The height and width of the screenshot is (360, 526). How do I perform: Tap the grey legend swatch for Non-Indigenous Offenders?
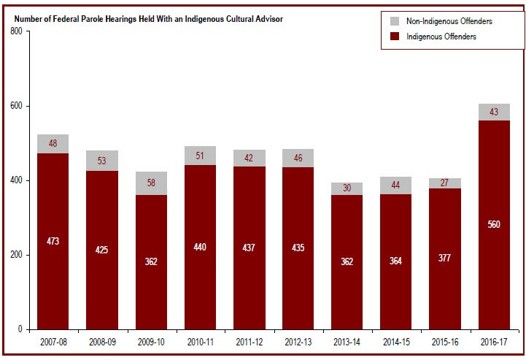coord(395,22)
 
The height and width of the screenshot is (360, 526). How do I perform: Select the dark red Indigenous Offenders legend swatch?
coord(395,37)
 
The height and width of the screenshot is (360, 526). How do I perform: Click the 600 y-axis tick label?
coord(14,107)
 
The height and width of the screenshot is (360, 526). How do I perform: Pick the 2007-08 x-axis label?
coord(53,341)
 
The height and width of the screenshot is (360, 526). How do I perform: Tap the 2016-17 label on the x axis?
coord(494,341)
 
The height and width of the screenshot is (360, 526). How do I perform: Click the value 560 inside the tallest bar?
coord(494,224)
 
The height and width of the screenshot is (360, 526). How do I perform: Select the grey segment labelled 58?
coord(151,183)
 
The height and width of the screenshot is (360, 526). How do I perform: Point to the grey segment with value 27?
coord(445,183)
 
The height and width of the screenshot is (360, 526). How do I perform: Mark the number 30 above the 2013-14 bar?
coord(347,188)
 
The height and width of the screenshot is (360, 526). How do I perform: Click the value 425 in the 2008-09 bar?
coord(102,250)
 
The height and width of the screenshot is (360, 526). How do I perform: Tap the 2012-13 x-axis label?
coord(298,341)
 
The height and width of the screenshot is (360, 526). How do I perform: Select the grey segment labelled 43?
coord(494,112)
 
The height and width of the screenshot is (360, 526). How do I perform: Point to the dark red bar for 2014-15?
coord(395,292)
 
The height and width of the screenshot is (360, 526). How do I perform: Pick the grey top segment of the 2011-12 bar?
coord(249,158)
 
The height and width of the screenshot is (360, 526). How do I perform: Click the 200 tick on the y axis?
coord(14,256)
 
